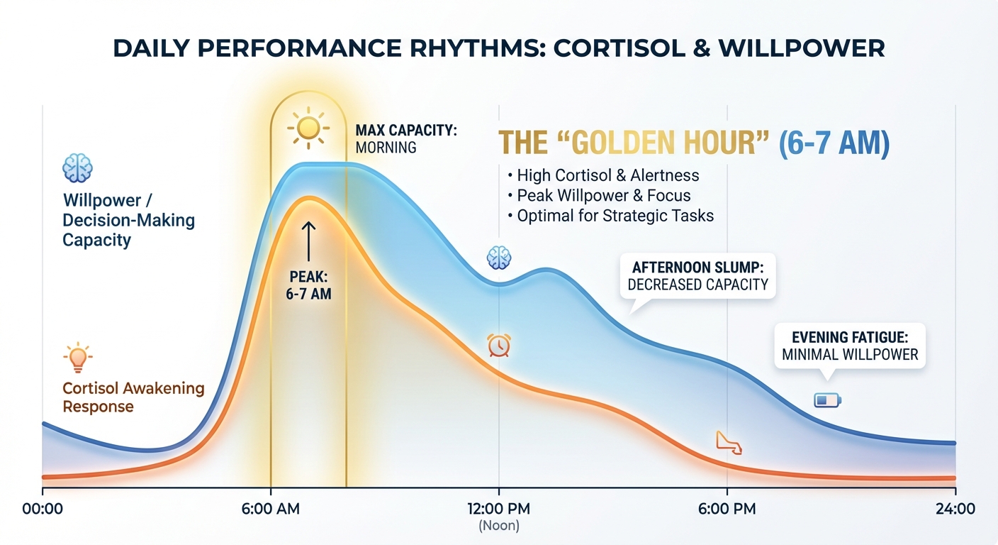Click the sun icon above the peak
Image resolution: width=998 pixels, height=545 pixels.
click(308, 128)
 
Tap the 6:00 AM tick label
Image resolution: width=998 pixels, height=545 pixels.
click(271, 509)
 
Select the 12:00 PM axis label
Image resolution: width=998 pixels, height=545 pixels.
click(499, 509)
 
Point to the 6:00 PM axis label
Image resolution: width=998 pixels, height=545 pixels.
click(727, 509)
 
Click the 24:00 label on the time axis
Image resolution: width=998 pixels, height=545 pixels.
click(955, 509)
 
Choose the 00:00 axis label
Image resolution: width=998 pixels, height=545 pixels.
click(43, 509)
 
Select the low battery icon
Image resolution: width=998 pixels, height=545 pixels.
click(827, 401)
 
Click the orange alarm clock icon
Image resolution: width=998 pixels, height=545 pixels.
click(499, 345)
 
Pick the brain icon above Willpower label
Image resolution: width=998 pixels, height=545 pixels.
click(77, 169)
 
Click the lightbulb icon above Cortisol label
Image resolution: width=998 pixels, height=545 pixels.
click(77, 357)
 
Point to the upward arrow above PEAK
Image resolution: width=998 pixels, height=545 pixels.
click(308, 241)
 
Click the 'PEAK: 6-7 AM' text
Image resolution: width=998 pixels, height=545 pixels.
click(308, 283)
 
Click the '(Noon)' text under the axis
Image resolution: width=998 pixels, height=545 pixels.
click(499, 526)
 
